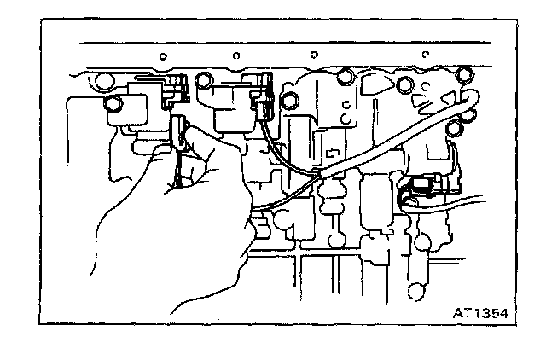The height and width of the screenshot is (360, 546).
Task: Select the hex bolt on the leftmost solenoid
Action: tap(113, 105)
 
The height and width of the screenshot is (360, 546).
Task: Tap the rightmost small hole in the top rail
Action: tap(423, 55)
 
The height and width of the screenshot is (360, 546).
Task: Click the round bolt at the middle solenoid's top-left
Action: tap(204, 82)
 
